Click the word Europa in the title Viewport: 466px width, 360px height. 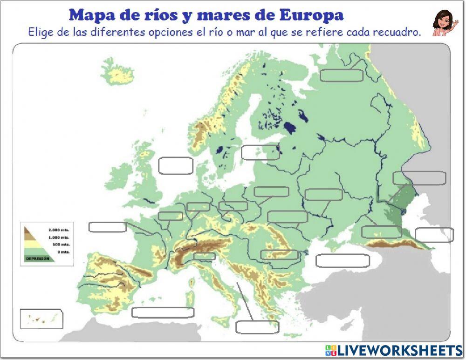coord(311,15)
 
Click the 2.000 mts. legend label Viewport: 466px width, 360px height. coord(59,230)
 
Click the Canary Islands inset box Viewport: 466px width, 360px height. coord(41,319)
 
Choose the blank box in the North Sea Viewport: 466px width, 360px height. coord(176,166)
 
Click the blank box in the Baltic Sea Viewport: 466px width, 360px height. coord(260,152)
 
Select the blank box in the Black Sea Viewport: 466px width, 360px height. coord(343,261)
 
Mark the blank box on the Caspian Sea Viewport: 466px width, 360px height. coord(434,235)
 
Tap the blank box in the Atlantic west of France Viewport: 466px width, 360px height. coord(108,227)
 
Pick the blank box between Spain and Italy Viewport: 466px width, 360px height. coord(163,312)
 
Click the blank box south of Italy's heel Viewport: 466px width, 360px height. coord(257,327)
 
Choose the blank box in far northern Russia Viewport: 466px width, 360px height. coord(342,75)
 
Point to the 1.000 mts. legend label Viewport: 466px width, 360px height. coord(59,237)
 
